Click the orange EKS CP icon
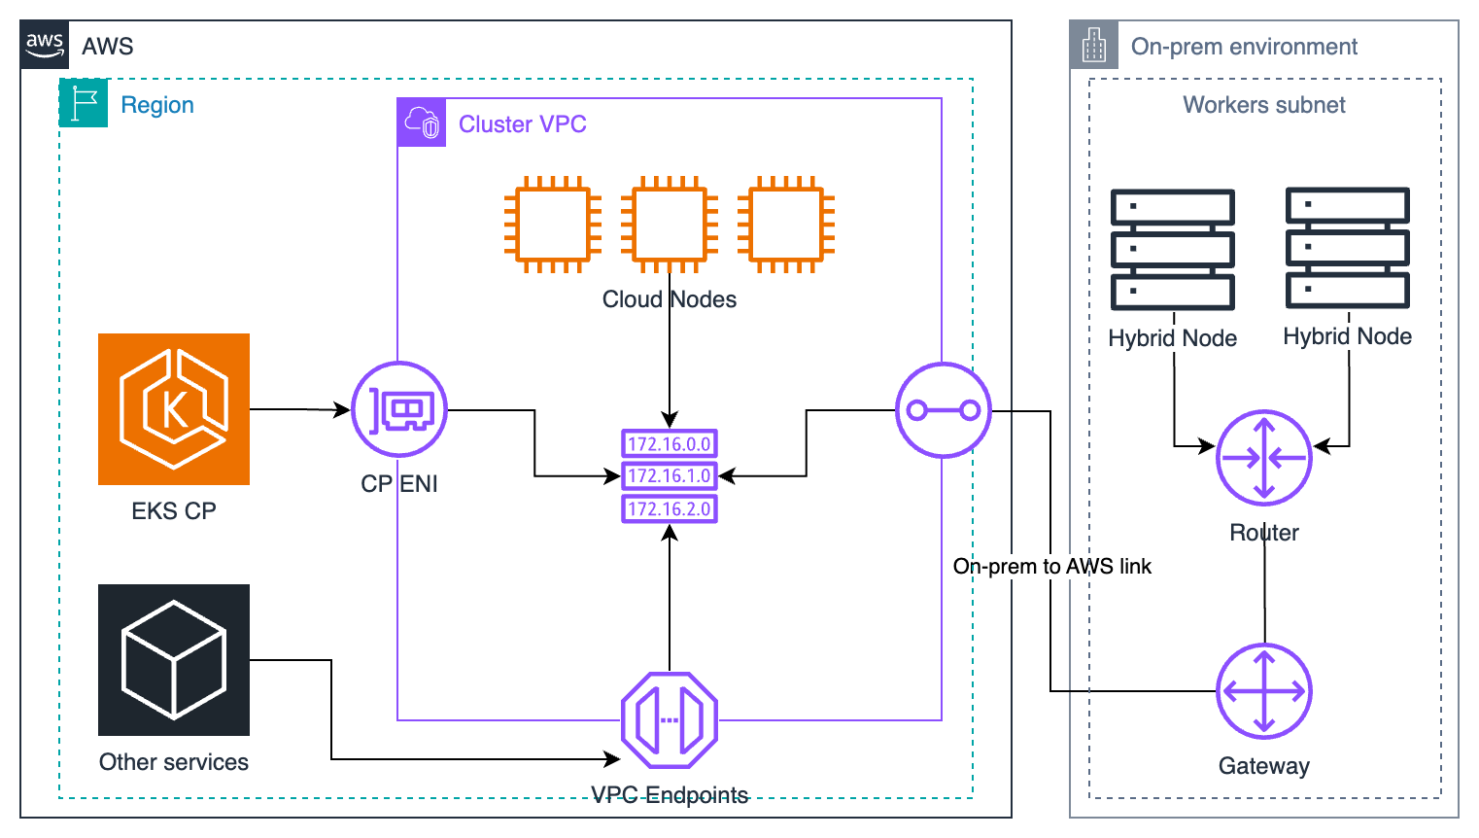174,409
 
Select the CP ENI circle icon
399,409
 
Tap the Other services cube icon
174,660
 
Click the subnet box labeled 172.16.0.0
670,444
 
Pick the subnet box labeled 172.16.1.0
670,476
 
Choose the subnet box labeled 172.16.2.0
670,508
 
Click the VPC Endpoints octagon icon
670,720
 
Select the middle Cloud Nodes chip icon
670,225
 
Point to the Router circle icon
1264,458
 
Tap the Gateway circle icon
1264,691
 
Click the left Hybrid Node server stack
1173,250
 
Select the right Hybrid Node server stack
1348,248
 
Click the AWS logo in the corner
45,45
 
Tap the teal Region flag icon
84,103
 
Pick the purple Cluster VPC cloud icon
422,122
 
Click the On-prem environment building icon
1094,45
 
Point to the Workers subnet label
1264,105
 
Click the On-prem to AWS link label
1051,567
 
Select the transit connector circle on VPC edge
943,410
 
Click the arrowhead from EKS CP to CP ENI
342,410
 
